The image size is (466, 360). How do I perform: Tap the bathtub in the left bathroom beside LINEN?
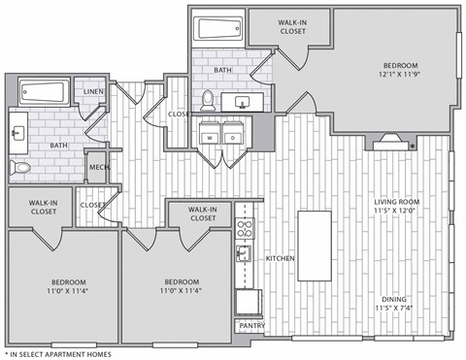click(42, 93)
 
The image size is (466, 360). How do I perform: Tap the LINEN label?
click(93, 92)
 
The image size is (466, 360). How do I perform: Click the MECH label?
click(98, 166)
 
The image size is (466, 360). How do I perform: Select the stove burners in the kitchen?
click(245, 231)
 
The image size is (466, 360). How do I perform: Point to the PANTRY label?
click(251, 325)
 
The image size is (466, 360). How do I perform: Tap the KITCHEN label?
click(281, 258)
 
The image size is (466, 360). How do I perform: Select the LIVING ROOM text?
click(395, 202)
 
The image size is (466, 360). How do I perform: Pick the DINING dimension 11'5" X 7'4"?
click(394, 308)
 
